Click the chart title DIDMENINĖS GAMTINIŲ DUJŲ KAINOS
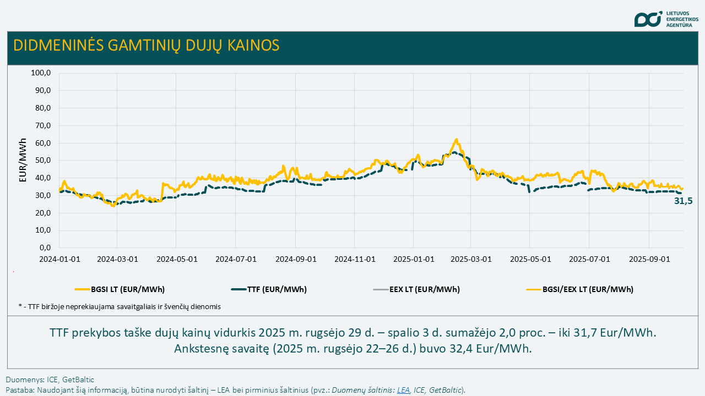click(x=146, y=45)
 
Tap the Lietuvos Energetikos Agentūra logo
click(x=666, y=19)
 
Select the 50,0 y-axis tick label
click(x=43, y=161)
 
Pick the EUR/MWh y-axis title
click(x=23, y=160)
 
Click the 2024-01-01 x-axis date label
click(x=59, y=258)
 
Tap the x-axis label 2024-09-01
click(x=296, y=258)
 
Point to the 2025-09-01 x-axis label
click(x=649, y=258)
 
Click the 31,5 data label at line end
click(x=683, y=201)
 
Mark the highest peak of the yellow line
click(x=456, y=139)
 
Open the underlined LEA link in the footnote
click(x=403, y=390)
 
